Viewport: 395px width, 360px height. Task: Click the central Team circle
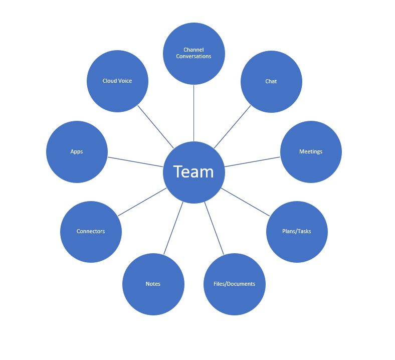pyautogui.click(x=194, y=172)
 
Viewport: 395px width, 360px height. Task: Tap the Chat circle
pyautogui.click(x=271, y=81)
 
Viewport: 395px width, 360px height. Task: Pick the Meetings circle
pyautogui.click(x=311, y=151)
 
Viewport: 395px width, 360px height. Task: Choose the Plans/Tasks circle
pyautogui.click(x=297, y=231)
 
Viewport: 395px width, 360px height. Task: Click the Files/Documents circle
pyautogui.click(x=235, y=284)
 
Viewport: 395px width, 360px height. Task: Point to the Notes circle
pyautogui.click(x=153, y=284)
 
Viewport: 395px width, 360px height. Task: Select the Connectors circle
pyautogui.click(x=91, y=231)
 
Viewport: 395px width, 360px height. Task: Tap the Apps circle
pyautogui.click(x=77, y=151)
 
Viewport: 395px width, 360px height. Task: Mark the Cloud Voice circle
pyautogui.click(x=117, y=81)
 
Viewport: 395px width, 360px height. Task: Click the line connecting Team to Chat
pyautogui.click(x=232, y=127)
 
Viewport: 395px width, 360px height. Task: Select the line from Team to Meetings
pyautogui.click(x=252, y=162)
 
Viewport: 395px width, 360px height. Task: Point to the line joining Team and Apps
pyautogui.click(x=136, y=162)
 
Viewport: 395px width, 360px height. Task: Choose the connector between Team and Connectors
pyautogui.click(x=142, y=202)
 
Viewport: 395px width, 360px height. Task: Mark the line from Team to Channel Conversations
pyautogui.click(x=194, y=113)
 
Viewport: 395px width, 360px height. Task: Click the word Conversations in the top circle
pyautogui.click(x=193, y=56)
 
